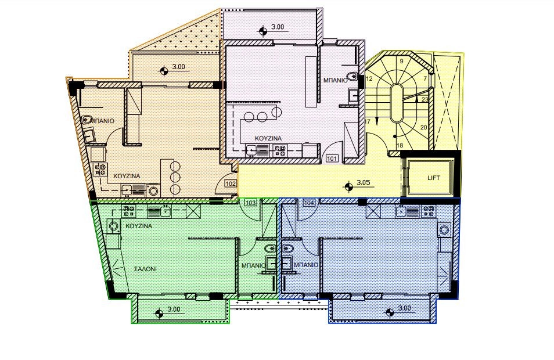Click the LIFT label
pos(434,178)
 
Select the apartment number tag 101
pos(332,159)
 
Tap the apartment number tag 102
pos(231,183)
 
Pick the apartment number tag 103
pos(250,203)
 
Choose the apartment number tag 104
pos(309,203)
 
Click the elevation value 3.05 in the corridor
pos(363,183)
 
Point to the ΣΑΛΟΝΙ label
pos(145,269)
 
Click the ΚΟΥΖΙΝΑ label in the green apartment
pos(139,226)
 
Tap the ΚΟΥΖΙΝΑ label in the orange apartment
pos(127,176)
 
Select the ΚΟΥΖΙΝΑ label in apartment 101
pos(268,138)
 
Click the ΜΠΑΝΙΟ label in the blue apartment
pos(306,265)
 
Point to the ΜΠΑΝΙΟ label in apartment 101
pos(335,81)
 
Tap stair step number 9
pos(401,61)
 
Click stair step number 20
pos(423,128)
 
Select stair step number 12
pos(369,78)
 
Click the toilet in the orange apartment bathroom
pos(87,120)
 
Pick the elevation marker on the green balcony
pos(159,313)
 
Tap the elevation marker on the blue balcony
pos(390,312)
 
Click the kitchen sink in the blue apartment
pos(400,211)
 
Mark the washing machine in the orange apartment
pos(153,191)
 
